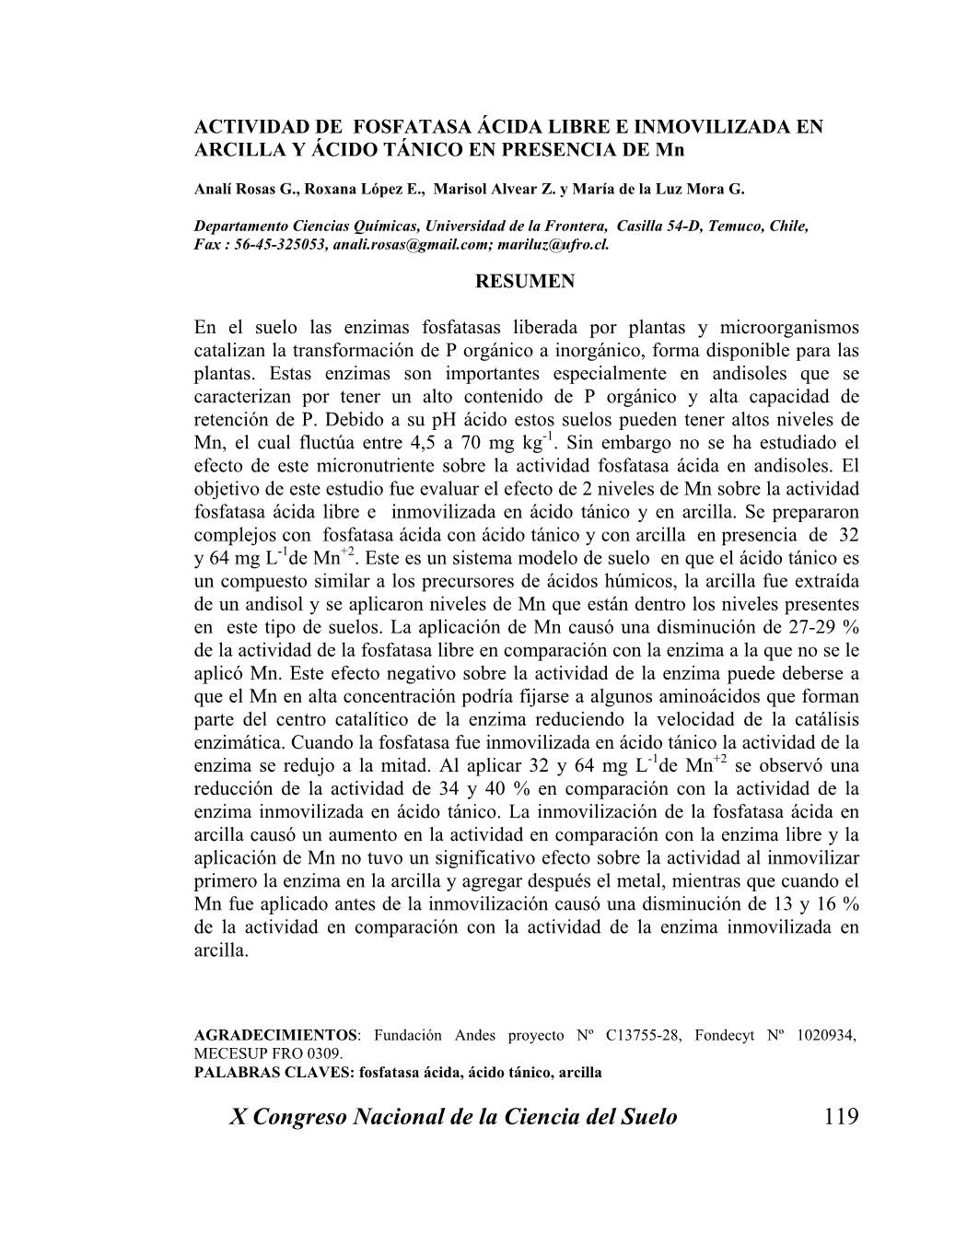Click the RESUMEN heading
pyautogui.click(x=524, y=282)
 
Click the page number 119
pyautogui.click(x=841, y=1117)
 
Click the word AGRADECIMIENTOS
pyautogui.click(x=275, y=1035)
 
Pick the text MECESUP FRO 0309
pyautogui.click(x=268, y=1053)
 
